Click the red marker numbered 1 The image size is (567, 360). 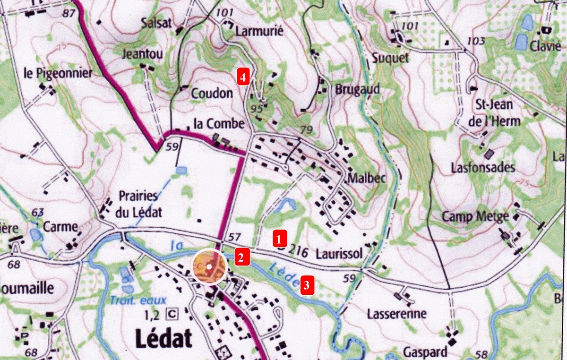click(x=280, y=237)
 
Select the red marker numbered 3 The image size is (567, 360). click(x=306, y=285)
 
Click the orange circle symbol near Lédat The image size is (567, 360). click(x=208, y=266)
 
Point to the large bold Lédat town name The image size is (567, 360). click(x=164, y=338)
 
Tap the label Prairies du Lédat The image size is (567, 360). click(x=140, y=204)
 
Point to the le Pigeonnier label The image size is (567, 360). click(x=58, y=73)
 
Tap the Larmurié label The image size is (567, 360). click(x=259, y=32)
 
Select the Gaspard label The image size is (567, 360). click(x=425, y=352)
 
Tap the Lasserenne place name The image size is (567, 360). click(x=397, y=314)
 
